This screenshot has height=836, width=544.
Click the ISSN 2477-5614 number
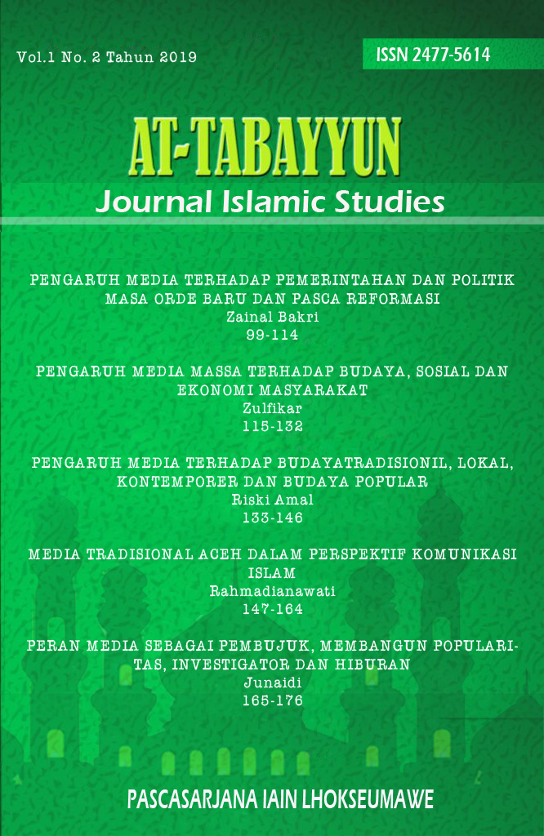433,55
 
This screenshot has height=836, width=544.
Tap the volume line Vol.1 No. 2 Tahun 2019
106,57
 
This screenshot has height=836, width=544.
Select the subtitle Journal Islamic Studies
270,201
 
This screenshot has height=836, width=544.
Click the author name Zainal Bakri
272,317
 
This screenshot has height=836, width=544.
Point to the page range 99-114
272,334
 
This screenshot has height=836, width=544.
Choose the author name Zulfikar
272,409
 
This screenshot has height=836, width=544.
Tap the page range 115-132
272,426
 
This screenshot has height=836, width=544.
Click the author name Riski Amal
272,500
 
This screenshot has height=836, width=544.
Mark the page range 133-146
272,518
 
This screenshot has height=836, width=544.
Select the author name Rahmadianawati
272,592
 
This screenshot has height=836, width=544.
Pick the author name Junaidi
272,683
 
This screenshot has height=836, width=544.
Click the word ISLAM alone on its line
272,573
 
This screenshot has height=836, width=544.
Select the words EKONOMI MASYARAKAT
272,391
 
